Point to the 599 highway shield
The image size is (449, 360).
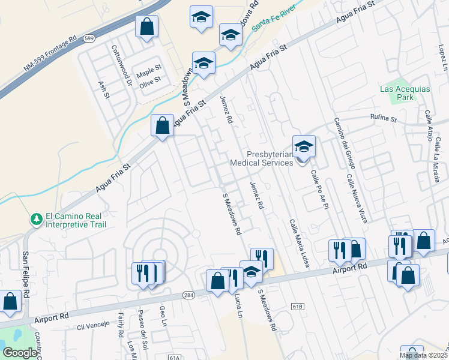[89, 38]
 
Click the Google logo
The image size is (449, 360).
[20, 353]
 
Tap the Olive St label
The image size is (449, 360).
[150, 79]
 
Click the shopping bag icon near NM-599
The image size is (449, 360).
[146, 27]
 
